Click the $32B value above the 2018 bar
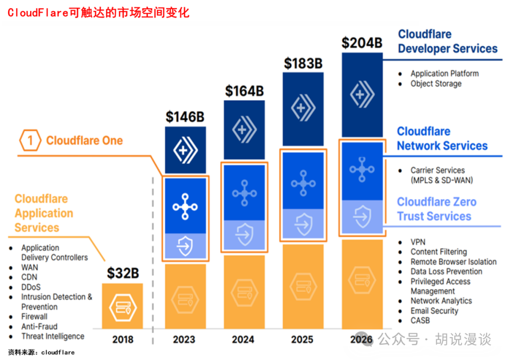coord(122,273)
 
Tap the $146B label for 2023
coord(185,117)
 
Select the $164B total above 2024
coord(244,91)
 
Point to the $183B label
coord(303,64)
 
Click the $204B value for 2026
coord(362,43)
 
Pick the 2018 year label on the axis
coord(122,339)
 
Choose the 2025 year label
coord(302,339)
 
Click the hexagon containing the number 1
coord(30,140)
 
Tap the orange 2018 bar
coord(122,306)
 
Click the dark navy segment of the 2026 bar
coord(362,94)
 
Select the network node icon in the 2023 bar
coord(185,206)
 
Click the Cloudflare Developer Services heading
coord(447,41)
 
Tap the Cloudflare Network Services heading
coord(442,139)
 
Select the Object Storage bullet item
coord(436,84)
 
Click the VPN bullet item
coord(418,242)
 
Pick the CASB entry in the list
coord(420,320)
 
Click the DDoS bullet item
coord(31,287)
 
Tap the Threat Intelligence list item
coord(53,336)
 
